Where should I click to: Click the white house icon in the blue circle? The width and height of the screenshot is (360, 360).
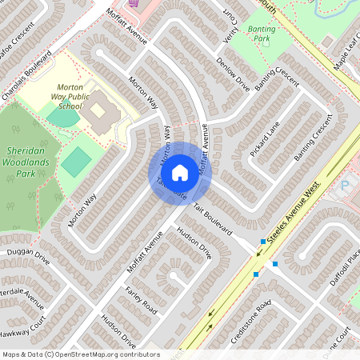click(x=179, y=171)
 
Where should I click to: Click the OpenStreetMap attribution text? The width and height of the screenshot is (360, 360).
click(x=80, y=354)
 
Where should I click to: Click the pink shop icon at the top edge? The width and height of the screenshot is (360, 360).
click(x=133, y=2)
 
